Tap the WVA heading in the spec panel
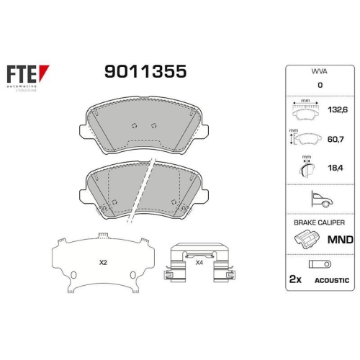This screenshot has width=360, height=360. coord(319,73)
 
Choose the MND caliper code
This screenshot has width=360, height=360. coord(341,239)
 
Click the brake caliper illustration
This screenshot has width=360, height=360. coord(305,240)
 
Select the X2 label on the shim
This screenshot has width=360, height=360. coord(102,264)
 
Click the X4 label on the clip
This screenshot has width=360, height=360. coord(199,263)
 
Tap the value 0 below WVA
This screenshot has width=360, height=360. coord(319,86)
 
